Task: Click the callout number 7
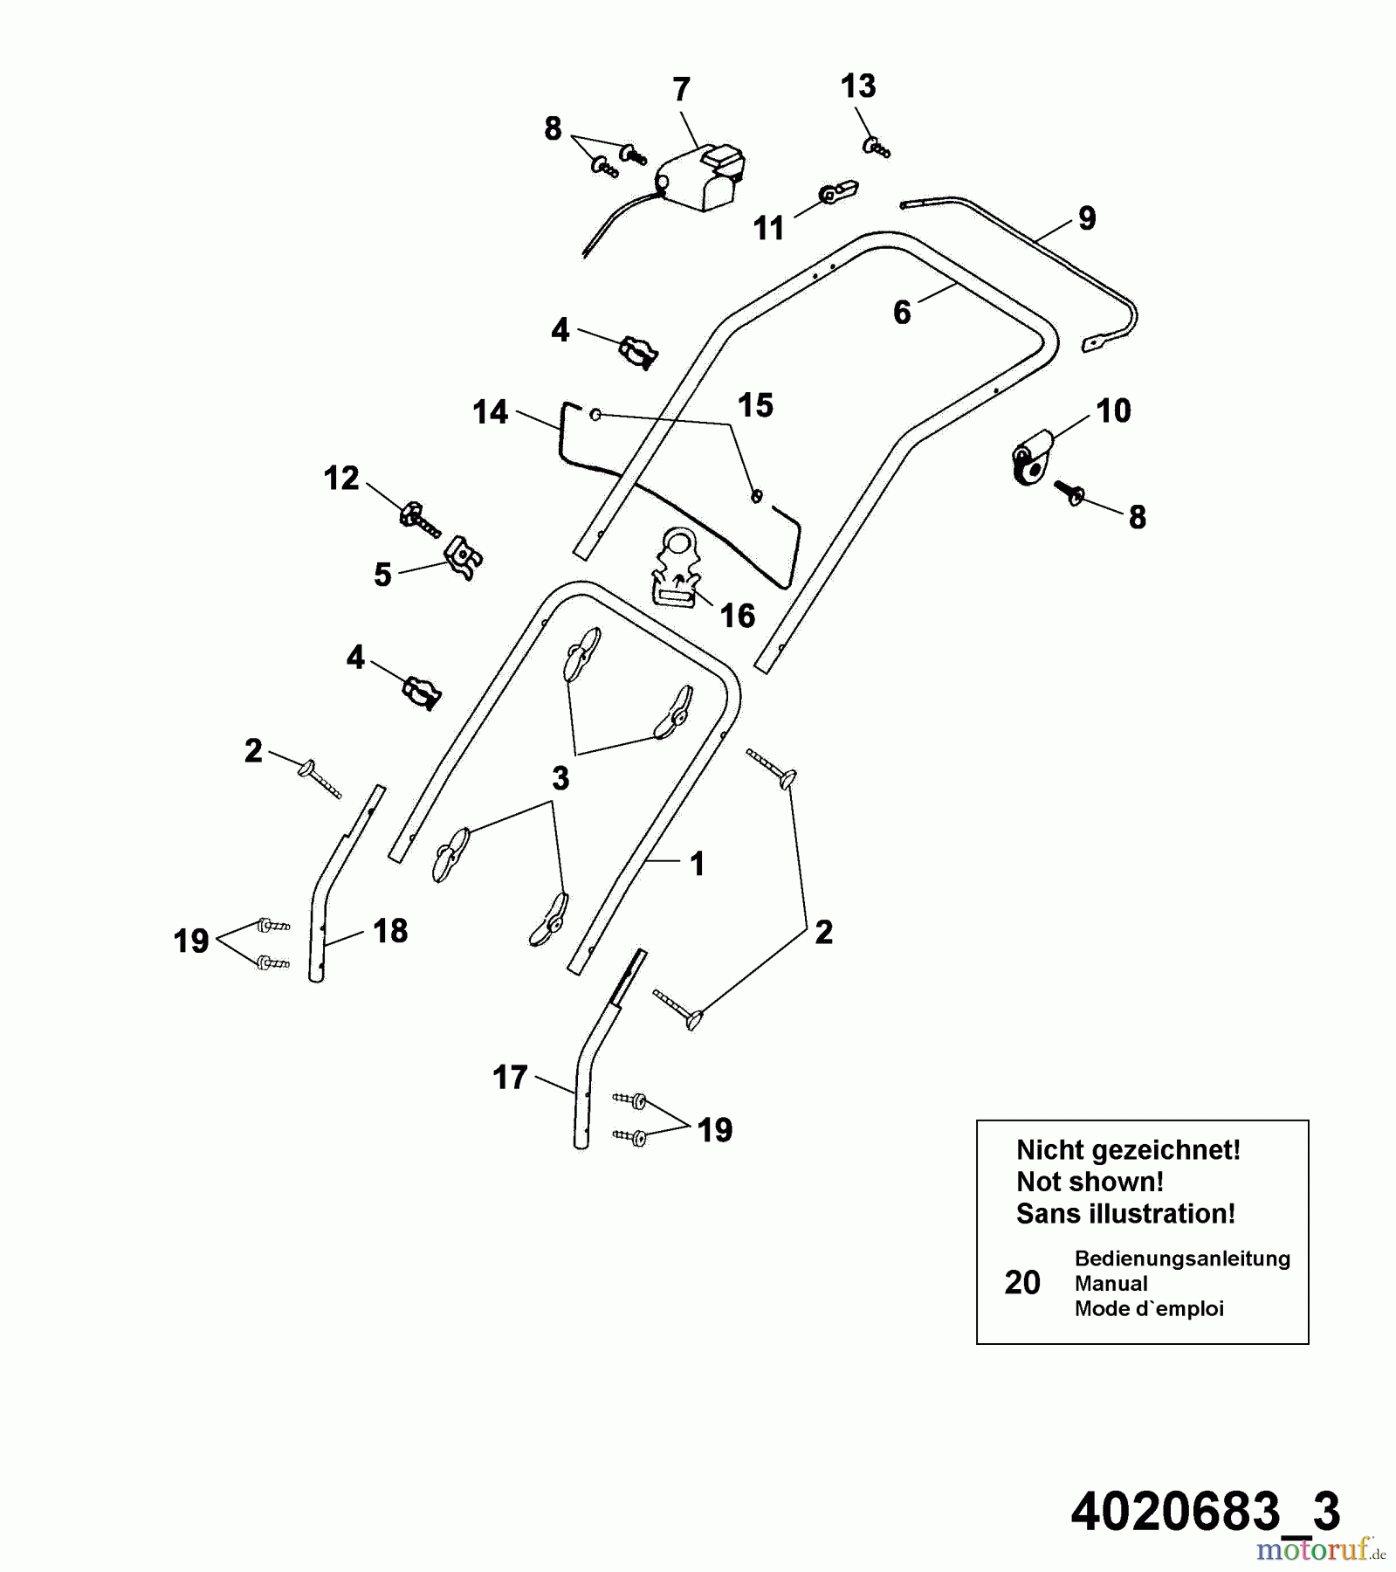681,90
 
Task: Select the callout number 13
857,86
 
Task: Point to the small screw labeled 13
876,148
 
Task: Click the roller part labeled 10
1032,456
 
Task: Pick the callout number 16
737,616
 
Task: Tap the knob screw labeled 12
417,518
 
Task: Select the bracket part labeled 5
464,556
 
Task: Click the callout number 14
490,411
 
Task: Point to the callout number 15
755,405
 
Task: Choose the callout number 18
390,931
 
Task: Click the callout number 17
510,1078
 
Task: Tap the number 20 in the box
1022,1283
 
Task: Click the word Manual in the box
1111,1284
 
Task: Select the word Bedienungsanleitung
1182,1258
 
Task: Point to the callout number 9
1087,217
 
